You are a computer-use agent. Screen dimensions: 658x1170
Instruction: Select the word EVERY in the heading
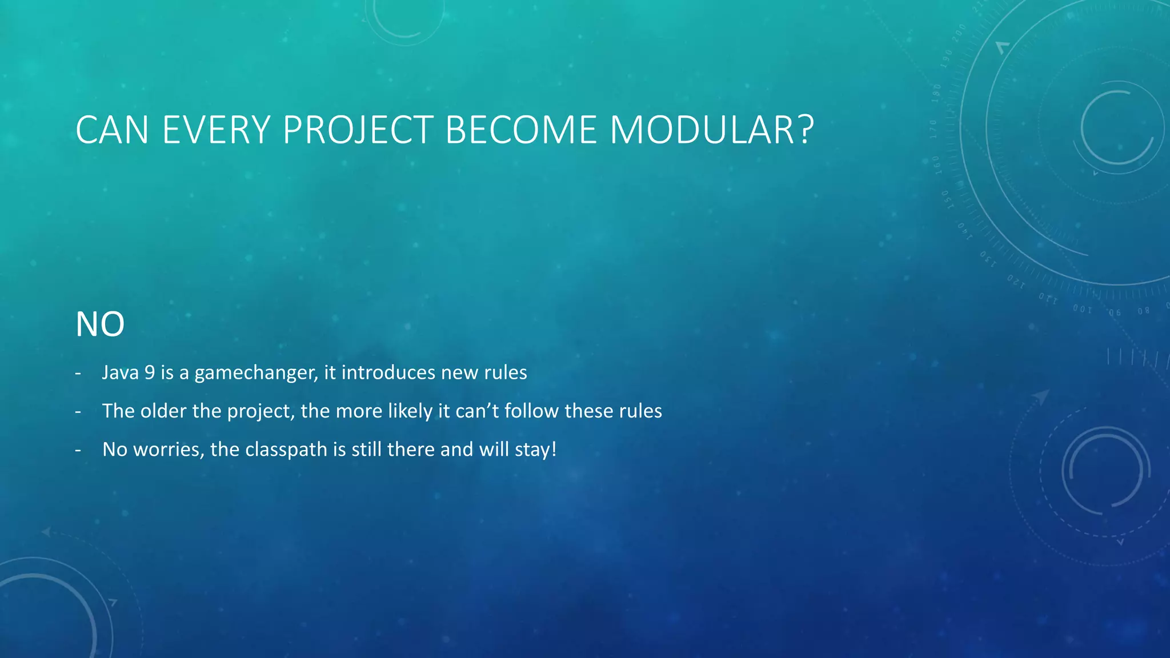point(216,130)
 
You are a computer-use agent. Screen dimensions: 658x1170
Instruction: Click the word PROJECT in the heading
point(358,130)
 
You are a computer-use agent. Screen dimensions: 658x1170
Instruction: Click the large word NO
point(100,324)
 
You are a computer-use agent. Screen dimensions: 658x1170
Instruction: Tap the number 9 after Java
point(150,372)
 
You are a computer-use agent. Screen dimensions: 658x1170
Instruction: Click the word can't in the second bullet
point(478,411)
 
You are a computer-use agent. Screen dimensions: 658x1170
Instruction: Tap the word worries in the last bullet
point(168,450)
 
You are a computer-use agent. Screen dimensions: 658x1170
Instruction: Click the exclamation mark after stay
point(554,449)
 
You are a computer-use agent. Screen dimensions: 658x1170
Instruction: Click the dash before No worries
point(78,450)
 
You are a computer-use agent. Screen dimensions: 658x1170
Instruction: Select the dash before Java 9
point(78,373)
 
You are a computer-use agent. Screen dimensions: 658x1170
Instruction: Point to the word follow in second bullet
point(531,411)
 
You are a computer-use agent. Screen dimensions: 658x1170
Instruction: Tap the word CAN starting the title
point(113,130)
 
